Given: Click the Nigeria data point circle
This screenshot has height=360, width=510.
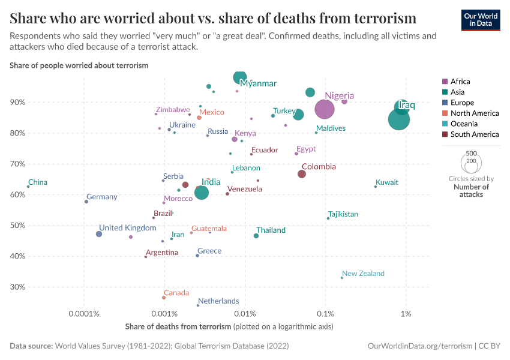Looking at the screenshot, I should click(325, 109).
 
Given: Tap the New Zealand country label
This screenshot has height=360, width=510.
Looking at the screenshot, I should click(363, 274).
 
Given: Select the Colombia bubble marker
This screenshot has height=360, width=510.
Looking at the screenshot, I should click(302, 174).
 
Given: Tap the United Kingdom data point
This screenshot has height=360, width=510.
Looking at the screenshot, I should click(99, 234).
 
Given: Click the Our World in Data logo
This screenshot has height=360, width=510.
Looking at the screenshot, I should click(481, 20).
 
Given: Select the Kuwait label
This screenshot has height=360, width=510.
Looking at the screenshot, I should click(387, 182).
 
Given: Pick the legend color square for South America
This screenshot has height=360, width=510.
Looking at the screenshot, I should click(445, 134).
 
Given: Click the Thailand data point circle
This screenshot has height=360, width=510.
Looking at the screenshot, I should click(256, 236).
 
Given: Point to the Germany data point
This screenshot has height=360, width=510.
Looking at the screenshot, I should click(86, 202).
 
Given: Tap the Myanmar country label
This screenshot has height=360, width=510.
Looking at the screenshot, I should click(258, 83).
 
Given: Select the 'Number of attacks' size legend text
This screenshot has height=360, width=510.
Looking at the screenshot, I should click(471, 190).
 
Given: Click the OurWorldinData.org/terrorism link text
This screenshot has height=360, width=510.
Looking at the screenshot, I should click(419, 346).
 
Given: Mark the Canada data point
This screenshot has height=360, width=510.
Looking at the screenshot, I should click(164, 298).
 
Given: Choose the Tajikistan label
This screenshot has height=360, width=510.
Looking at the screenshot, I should click(343, 214).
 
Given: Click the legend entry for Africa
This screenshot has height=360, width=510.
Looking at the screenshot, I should click(460, 81).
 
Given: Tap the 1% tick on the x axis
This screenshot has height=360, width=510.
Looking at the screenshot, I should click(406, 314).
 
